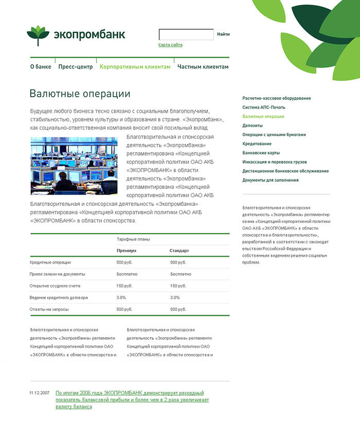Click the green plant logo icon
tap(38, 36)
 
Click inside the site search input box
tap(186, 34)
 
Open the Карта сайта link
tap(170, 45)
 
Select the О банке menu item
tap(41, 66)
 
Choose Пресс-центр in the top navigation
tap(75, 66)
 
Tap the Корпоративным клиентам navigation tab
tap(135, 66)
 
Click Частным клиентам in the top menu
tap(203, 66)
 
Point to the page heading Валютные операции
tap(80, 94)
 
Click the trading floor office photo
tap(74, 166)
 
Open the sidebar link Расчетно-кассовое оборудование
tap(277, 98)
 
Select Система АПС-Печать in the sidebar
tap(263, 107)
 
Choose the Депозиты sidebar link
tap(253, 126)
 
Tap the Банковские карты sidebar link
tap(261, 153)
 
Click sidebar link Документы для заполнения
tap(271, 180)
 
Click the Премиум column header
tap(127, 251)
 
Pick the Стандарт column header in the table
tap(179, 251)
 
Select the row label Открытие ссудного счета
tap(55, 286)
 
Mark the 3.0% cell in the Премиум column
tap(121, 297)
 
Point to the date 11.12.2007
tap(40, 393)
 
